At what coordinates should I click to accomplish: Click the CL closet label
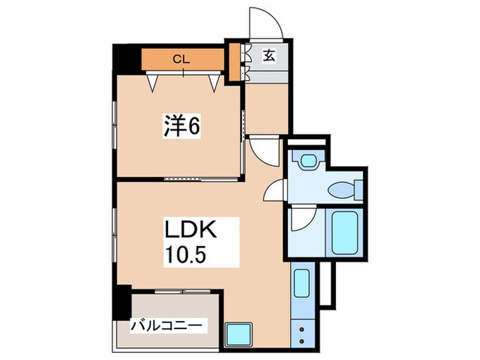(182, 59)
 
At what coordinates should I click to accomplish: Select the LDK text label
(190, 228)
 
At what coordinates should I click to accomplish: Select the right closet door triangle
(216, 83)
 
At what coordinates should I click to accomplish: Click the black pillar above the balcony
(123, 300)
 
